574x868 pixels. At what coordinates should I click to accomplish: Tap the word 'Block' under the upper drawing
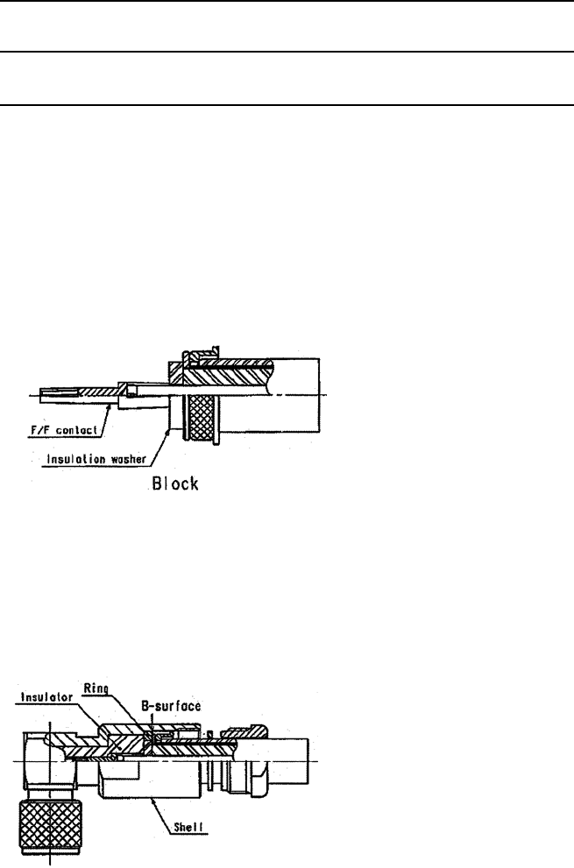click(x=173, y=483)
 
